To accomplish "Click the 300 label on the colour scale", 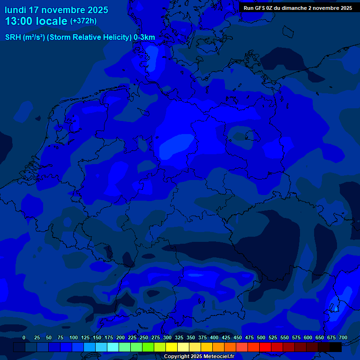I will pos(167,337).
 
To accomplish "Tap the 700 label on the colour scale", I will pos(343,337).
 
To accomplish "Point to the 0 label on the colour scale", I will pos(24,337).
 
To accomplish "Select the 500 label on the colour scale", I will pos(261,337).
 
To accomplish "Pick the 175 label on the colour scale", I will pos(109,337).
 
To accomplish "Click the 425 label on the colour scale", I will pos(226,337).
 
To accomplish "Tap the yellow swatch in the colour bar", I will pos(172,347).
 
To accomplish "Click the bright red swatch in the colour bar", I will pos(265,347).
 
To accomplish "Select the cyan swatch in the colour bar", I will pos(113,347).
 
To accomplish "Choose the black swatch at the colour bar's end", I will pos(336,347).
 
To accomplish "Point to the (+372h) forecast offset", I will pos(83,21).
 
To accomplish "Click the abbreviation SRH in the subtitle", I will pos(13,37).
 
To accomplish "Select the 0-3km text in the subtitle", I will pos(144,37).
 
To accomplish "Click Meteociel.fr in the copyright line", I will pos(219,356).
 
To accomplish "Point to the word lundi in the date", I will pos(15,10).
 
